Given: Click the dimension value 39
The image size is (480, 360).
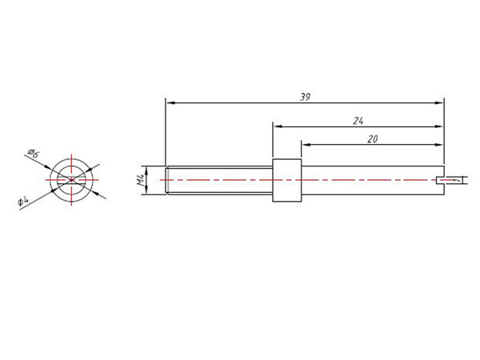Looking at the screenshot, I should pyautogui.click(x=304, y=97).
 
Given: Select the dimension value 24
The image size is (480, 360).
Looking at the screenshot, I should pyautogui.click(x=358, y=120).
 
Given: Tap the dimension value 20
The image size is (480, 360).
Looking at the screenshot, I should pyautogui.click(x=372, y=138).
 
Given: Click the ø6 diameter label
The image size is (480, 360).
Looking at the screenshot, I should pyautogui.click(x=33, y=152).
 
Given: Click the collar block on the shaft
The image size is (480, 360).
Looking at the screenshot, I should pyautogui.click(x=286, y=180).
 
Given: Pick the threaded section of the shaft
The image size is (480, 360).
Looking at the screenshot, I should pyautogui.click(x=219, y=180).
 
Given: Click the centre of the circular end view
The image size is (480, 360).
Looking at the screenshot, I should pyautogui.click(x=71, y=180).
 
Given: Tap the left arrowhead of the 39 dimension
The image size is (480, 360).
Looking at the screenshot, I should pyautogui.click(x=170, y=102).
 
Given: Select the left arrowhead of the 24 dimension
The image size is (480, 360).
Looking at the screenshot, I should pyautogui.click(x=277, y=126).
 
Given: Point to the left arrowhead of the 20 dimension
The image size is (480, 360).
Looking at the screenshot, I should pyautogui.click(x=305, y=145).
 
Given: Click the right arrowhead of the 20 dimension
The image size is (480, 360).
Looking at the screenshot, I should pyautogui.click(x=438, y=145).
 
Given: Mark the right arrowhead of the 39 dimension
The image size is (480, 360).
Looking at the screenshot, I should pyautogui.click(x=438, y=102).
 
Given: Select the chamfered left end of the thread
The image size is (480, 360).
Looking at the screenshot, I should pyautogui.click(x=167, y=180).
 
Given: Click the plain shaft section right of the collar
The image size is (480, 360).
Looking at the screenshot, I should pyautogui.click(x=368, y=180).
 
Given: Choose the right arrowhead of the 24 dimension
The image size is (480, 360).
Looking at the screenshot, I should pyautogui.click(x=438, y=126).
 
